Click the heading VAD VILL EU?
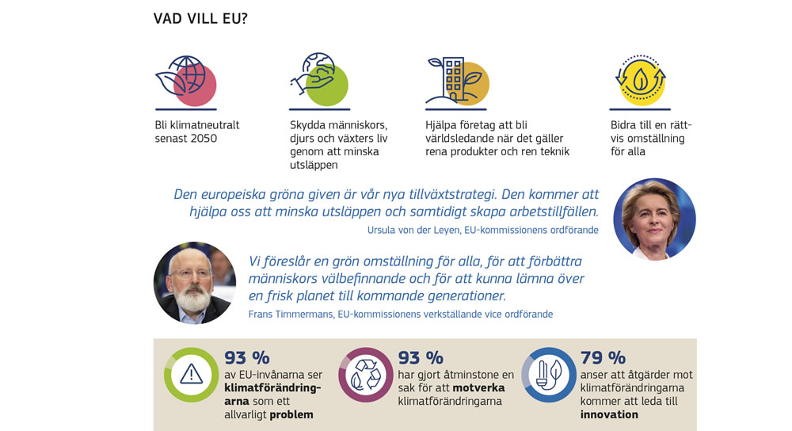(x=200, y=18)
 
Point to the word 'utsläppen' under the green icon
(x=313, y=165)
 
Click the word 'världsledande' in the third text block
(x=460, y=139)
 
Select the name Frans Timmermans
(x=291, y=314)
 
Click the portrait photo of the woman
(x=654, y=219)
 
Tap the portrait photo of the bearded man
(x=194, y=283)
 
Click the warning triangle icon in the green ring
(x=191, y=375)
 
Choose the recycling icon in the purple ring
(x=365, y=375)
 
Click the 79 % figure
(x=603, y=357)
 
